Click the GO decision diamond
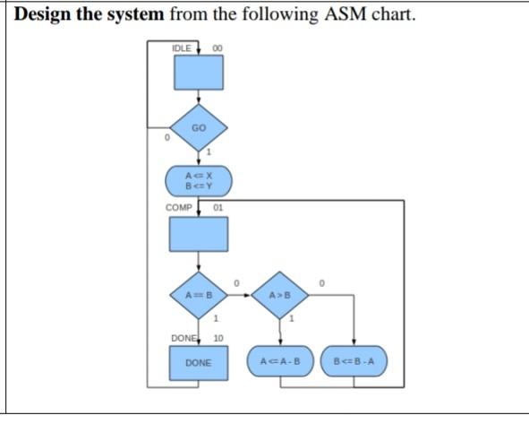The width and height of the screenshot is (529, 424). [x=199, y=128]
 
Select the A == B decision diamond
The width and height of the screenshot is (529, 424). [x=199, y=293]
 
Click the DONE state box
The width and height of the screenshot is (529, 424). [x=199, y=363]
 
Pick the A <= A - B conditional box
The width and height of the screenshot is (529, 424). [x=280, y=363]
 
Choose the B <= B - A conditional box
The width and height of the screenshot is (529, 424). [x=355, y=363]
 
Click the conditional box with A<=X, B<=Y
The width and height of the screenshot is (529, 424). [x=199, y=180]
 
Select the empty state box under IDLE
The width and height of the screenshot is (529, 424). [x=199, y=73]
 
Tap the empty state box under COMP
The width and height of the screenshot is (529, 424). [x=199, y=235]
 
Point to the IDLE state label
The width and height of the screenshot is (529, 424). [x=181, y=47]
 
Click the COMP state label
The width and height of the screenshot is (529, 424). [x=180, y=208]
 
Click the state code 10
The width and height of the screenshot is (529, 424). [x=218, y=338]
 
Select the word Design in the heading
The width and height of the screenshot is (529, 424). [x=46, y=14]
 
